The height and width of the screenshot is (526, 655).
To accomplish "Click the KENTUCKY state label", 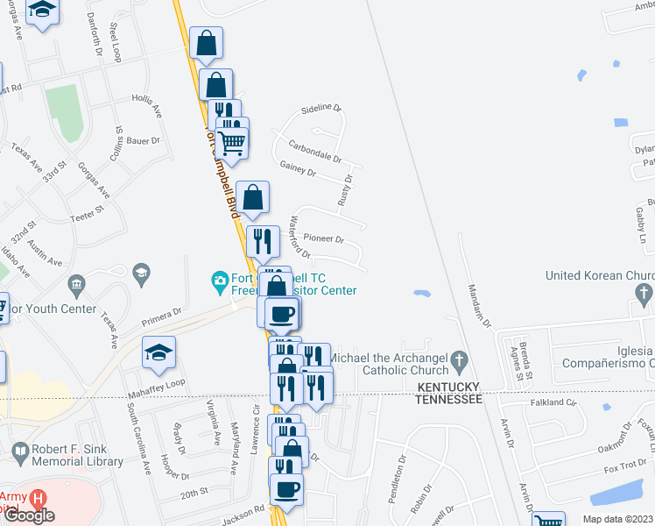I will click(449, 387).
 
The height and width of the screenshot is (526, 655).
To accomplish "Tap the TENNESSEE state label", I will click(449, 399).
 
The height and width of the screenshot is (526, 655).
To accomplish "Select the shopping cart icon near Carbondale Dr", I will click(232, 142).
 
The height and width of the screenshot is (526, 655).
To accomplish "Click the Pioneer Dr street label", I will click(324, 238).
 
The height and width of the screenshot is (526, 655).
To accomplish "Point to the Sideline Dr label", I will click(320, 108).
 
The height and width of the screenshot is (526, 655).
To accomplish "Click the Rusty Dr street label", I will click(344, 190).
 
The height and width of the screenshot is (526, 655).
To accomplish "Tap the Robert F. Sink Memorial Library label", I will click(76, 453).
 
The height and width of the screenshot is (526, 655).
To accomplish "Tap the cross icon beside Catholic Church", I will click(457, 360).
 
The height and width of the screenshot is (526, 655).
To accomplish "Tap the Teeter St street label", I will click(87, 210).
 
